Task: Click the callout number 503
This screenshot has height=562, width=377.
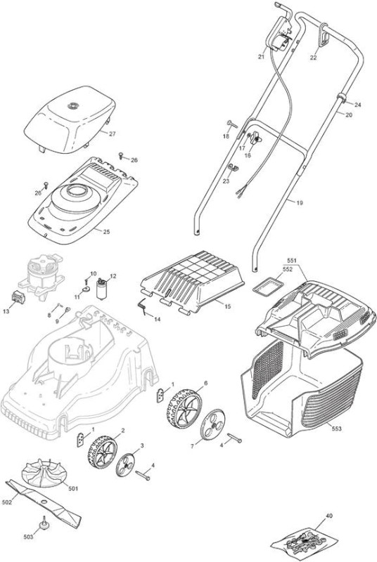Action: [x=28, y=537]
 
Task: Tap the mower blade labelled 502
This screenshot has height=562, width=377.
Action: [x=44, y=501]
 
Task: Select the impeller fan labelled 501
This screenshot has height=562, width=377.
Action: [x=45, y=473]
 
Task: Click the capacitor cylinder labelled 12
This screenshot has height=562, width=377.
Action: [x=102, y=289]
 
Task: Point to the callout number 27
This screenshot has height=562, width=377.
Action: [x=113, y=133]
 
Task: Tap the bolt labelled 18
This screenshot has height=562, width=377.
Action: [x=232, y=124]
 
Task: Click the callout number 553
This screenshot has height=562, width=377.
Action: [x=337, y=429]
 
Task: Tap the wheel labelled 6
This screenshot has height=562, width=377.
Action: [x=184, y=407]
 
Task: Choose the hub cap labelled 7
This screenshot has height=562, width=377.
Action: [x=213, y=424]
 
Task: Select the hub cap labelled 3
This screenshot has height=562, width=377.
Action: [x=127, y=464]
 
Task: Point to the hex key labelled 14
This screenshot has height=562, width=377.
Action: [x=143, y=307]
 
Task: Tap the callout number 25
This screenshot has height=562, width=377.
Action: [x=106, y=232]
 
